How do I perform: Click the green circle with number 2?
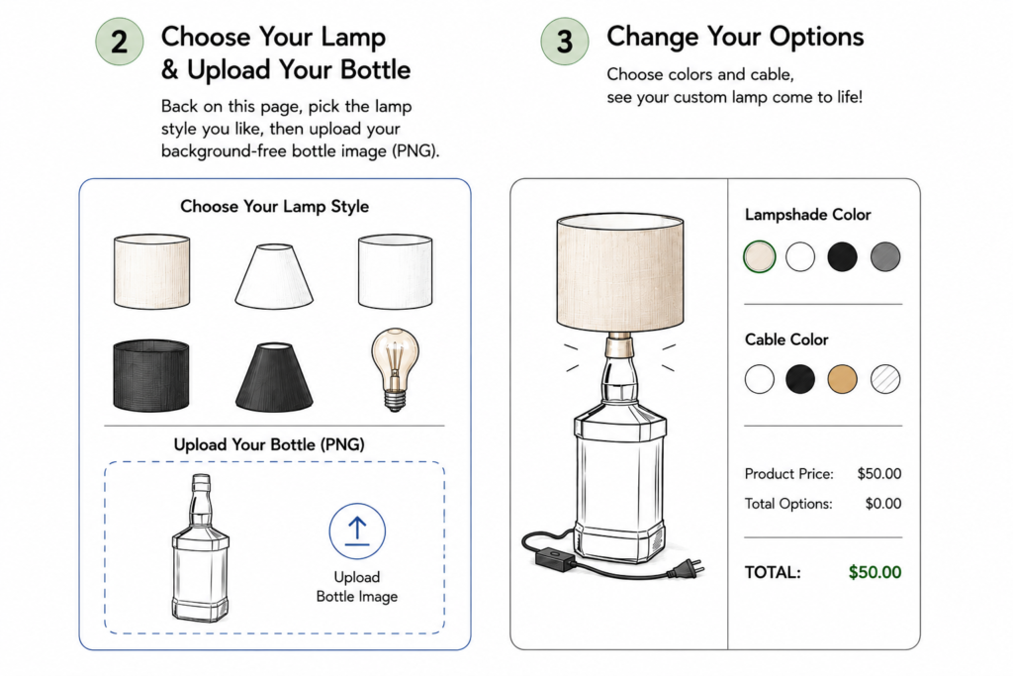120,42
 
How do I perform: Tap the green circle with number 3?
565,42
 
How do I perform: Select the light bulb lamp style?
395,369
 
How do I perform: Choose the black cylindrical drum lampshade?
151,375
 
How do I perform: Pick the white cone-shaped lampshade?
274,276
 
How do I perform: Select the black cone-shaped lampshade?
274,376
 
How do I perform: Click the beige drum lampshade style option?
151,271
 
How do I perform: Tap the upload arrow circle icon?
357,531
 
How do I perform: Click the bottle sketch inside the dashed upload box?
200,548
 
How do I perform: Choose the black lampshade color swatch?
843,256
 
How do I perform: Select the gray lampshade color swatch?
885,256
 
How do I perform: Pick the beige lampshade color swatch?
759,256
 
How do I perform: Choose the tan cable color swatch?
843,379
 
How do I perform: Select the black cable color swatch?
800,379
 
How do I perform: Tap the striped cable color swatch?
885,379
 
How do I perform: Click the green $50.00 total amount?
875,572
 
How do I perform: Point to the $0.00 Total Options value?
883,504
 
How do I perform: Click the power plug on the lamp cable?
687,569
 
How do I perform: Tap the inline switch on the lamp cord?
554,558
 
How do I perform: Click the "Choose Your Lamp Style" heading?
275,206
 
